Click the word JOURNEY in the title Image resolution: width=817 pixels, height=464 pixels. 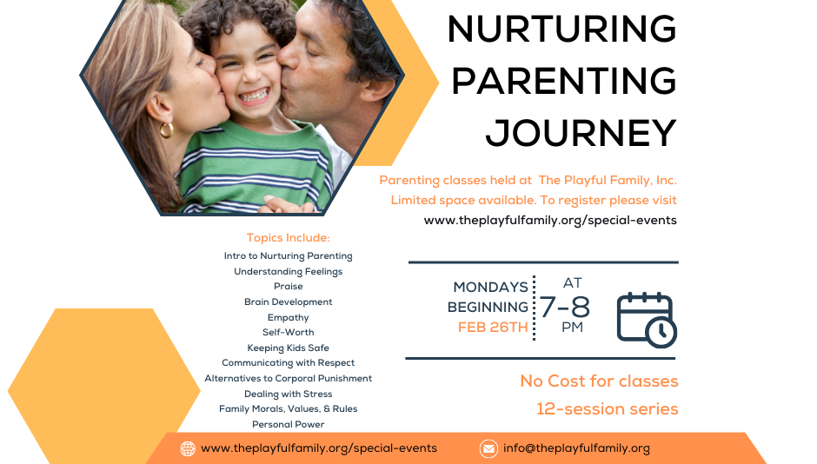[x=581, y=133]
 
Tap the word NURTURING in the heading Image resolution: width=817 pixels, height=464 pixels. [x=561, y=30]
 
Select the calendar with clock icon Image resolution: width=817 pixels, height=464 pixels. [x=646, y=319]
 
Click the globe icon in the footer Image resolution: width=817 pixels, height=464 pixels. [x=188, y=448]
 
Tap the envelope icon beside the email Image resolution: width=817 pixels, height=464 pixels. [x=488, y=448]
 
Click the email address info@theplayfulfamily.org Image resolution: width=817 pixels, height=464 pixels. [x=576, y=448]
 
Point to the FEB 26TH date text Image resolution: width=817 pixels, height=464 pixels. [x=493, y=328]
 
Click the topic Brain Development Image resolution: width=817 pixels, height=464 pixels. [x=288, y=302]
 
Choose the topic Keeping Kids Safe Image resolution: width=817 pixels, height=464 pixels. [x=288, y=348]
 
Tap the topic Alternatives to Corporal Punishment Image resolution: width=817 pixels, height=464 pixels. [x=288, y=378]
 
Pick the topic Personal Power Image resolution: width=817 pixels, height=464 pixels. [x=288, y=424]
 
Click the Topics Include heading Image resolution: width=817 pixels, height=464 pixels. [x=288, y=238]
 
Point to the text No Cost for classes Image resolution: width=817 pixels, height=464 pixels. [x=599, y=381]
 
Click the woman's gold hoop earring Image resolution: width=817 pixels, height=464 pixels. [x=166, y=129]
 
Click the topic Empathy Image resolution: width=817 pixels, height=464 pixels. [x=288, y=317]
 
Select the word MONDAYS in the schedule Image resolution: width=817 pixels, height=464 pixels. [x=490, y=287]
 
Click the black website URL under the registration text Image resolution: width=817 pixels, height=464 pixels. [x=550, y=220]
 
